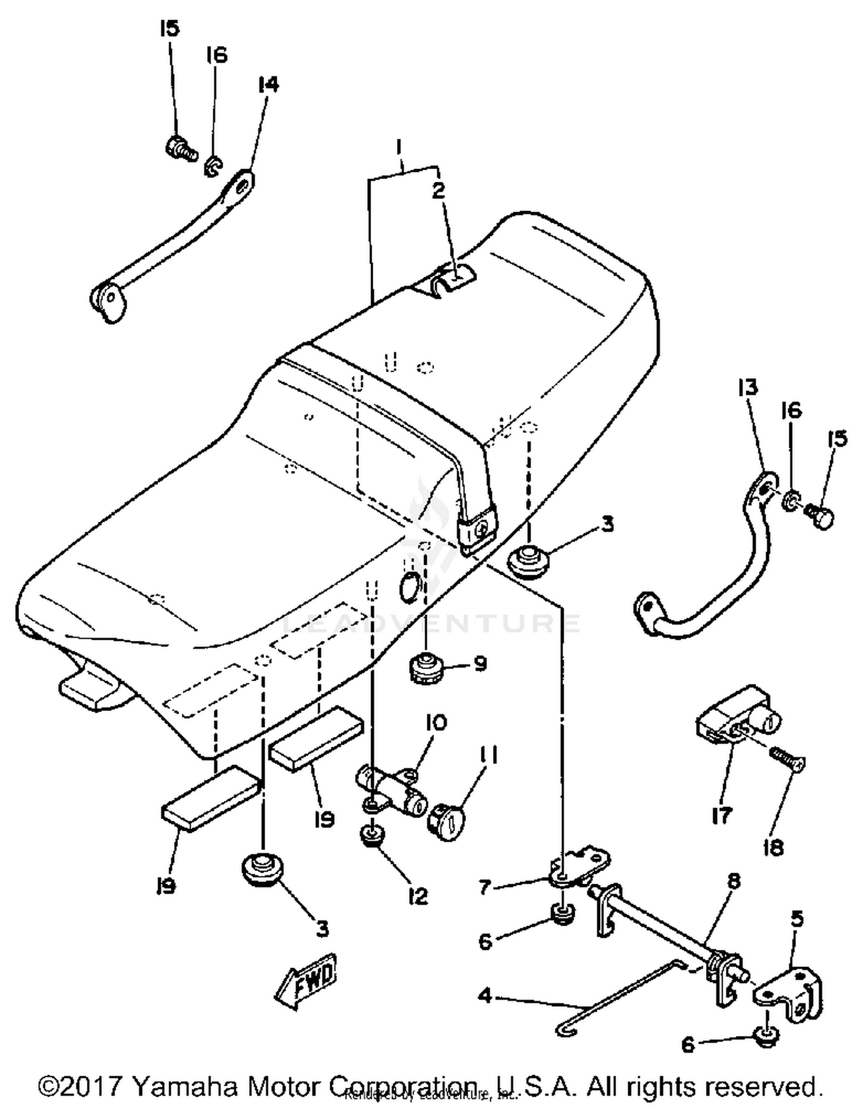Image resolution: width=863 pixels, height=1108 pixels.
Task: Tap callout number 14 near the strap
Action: point(268,85)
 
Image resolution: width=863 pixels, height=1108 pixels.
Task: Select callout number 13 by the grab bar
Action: point(748,388)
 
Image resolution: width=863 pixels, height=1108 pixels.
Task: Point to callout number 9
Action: point(480,664)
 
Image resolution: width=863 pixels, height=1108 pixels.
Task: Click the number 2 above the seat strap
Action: point(438,191)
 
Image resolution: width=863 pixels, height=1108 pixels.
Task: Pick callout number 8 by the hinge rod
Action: point(734,881)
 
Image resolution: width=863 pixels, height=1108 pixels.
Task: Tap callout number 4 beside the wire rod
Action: point(485,995)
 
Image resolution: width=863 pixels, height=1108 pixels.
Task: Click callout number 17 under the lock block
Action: point(721,815)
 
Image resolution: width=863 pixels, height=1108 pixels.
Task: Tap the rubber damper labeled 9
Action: point(426,669)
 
